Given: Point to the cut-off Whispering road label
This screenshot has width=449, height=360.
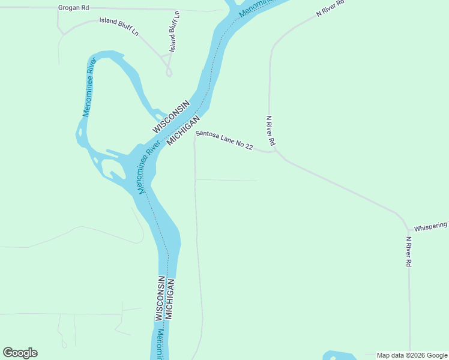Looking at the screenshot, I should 430,226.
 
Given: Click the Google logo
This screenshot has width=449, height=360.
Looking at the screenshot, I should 20,353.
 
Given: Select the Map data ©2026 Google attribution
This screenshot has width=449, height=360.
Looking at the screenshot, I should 412,356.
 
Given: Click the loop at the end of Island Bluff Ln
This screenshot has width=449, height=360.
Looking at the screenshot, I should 169,72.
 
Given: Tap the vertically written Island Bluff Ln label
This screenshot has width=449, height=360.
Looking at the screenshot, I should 174,31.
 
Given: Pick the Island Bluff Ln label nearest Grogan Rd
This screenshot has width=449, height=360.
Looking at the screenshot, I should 119,27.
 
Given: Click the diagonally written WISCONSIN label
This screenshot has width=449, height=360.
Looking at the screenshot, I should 170,117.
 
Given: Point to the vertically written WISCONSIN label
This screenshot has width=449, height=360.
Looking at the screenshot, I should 160,298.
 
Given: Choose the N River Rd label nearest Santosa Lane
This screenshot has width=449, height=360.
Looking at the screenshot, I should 271,131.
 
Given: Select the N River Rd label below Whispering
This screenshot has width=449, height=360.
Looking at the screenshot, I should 408,251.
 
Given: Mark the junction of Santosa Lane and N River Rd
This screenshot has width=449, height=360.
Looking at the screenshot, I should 276,151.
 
